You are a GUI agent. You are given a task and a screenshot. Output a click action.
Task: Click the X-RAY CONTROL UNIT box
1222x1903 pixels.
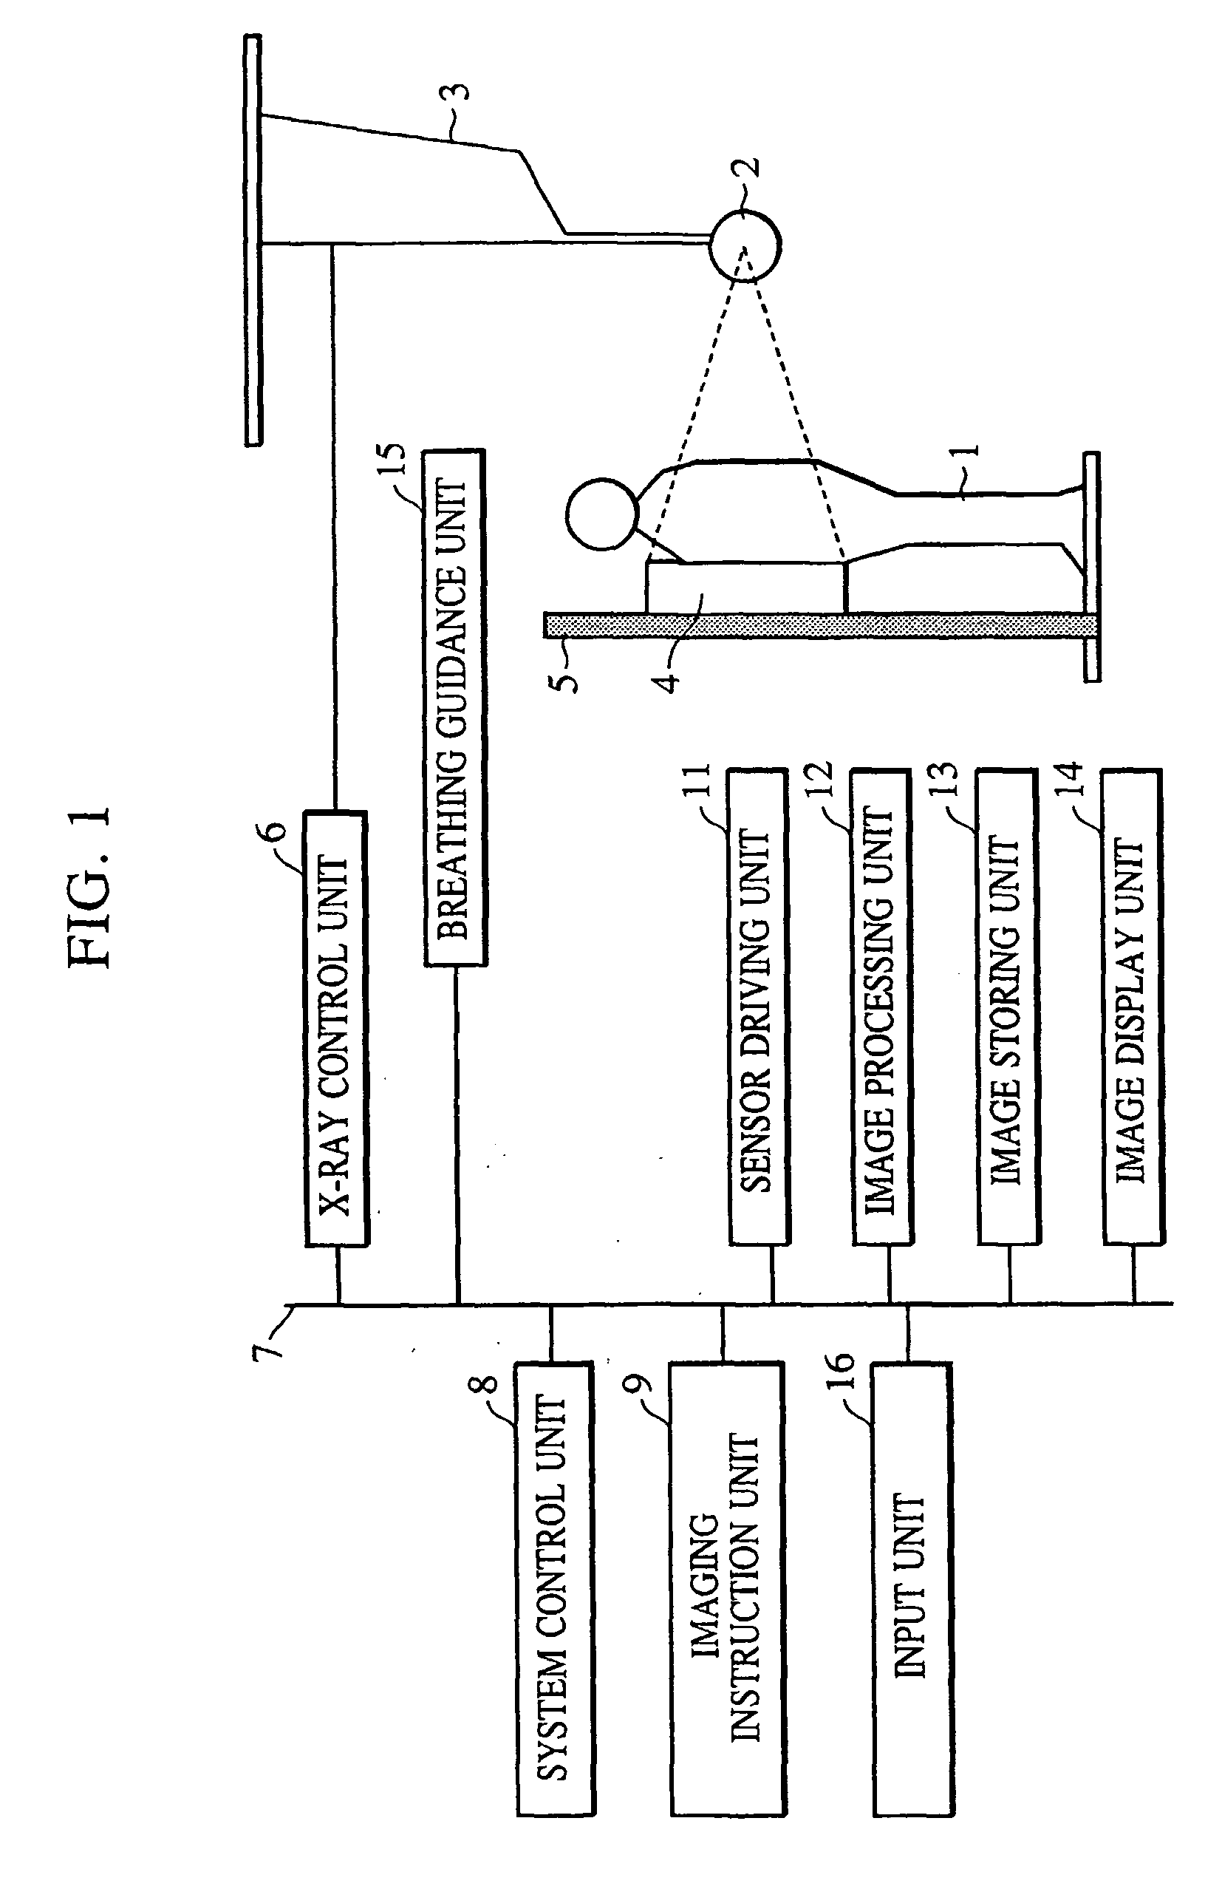335,1029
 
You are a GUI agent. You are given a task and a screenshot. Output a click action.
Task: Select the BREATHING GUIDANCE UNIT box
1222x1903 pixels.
454,707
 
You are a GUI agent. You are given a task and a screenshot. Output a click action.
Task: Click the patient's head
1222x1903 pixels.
602,514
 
